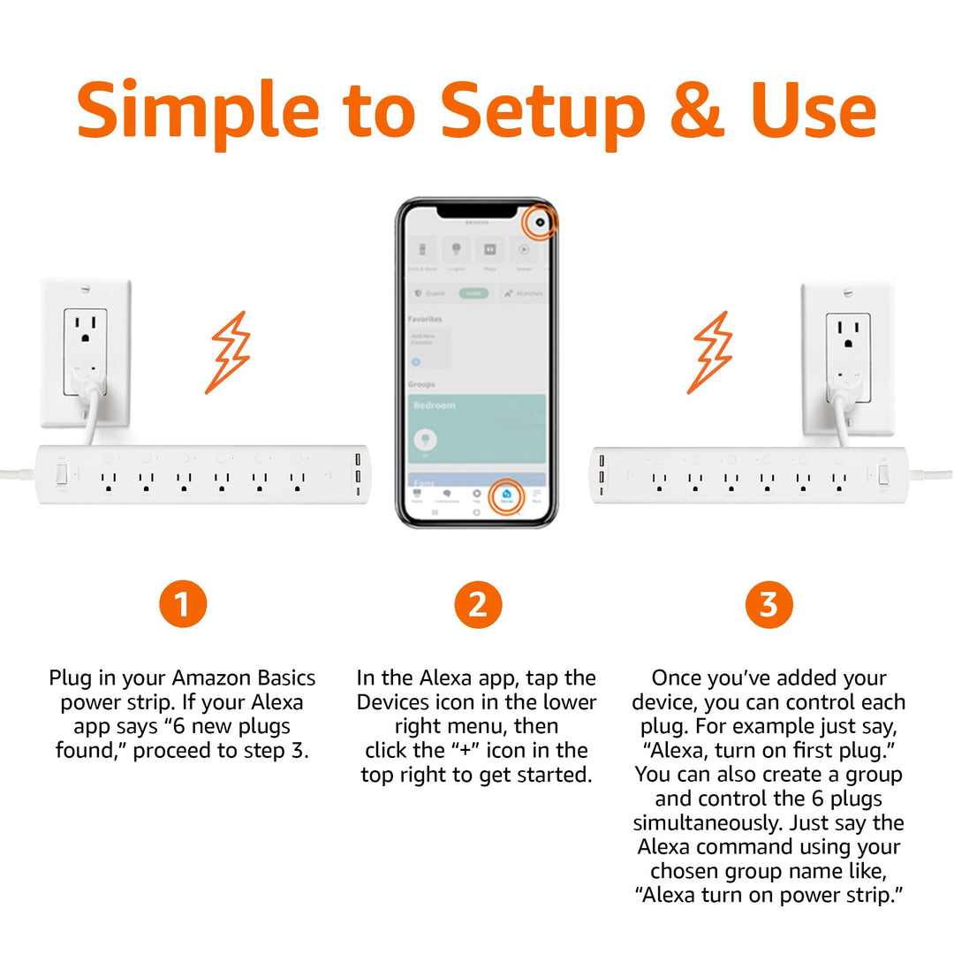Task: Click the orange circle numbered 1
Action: tap(183, 605)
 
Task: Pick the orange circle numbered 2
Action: tap(477, 605)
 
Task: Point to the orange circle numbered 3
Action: tap(768, 605)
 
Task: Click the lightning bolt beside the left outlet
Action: tap(228, 352)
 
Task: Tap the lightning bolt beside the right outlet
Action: tap(711, 352)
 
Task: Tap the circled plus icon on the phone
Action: tap(540, 223)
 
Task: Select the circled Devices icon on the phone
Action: tap(506, 495)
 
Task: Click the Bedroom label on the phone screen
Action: tap(435, 405)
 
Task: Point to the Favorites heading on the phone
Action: tap(425, 319)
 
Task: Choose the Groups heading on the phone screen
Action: tap(421, 385)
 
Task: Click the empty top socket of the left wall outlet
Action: tap(86, 329)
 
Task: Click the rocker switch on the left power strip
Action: tap(62, 475)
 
